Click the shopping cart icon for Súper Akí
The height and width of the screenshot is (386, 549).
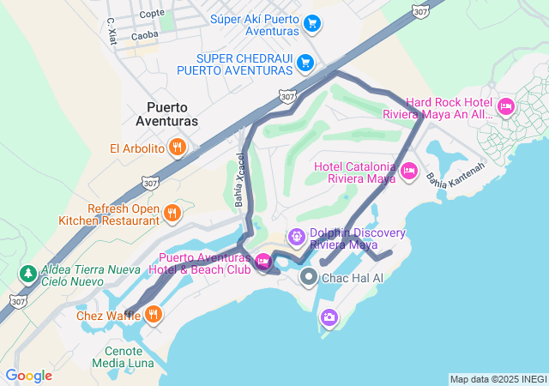coord(312,23)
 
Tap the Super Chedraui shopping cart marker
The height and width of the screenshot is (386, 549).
coord(305,63)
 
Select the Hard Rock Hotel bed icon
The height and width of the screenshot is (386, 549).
coord(506,107)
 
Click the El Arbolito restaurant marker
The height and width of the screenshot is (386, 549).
coord(178,148)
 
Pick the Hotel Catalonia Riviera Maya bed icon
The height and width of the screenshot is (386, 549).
coord(409,172)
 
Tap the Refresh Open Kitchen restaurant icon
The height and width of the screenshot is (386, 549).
coord(172,213)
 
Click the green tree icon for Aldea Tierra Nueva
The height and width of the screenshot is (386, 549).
coord(27,274)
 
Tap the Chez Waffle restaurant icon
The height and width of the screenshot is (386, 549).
coord(153,313)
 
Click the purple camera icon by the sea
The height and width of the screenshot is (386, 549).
coord(329,318)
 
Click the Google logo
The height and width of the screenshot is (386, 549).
coord(27,376)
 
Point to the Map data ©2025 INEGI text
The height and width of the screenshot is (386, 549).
coord(497,379)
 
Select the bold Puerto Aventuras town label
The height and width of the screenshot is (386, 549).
coord(172,114)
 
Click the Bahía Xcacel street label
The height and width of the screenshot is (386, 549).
coord(239,181)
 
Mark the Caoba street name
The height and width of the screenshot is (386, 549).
coord(146,37)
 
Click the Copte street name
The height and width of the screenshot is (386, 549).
coord(151,13)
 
